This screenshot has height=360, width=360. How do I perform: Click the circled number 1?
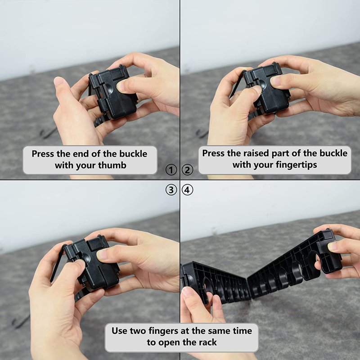(171, 170)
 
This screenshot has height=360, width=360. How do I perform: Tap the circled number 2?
(188, 170)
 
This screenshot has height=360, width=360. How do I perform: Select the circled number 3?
(171, 190)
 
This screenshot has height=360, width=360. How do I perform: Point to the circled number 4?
(188, 190)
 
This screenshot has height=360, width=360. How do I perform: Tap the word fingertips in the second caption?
(297, 165)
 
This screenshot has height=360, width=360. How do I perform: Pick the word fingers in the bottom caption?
(163, 331)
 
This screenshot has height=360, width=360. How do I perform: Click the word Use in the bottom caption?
(119, 331)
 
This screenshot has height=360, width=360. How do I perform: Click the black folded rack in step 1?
(113, 93)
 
